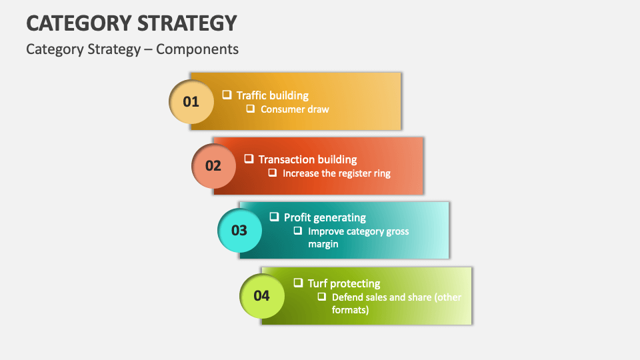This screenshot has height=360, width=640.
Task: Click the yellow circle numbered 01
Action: click(x=191, y=101)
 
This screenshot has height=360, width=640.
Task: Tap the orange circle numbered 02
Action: click(x=213, y=165)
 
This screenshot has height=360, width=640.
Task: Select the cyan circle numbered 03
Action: click(x=239, y=230)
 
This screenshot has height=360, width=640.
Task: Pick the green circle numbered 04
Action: click(x=261, y=295)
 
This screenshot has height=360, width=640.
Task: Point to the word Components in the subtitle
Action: click(x=197, y=49)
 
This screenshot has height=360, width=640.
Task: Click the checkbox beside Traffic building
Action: click(x=227, y=95)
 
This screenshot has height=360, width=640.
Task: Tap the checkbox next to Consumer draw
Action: click(x=251, y=109)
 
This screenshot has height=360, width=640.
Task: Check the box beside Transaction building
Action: click(x=249, y=159)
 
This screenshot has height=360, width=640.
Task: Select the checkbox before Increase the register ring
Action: click(x=273, y=173)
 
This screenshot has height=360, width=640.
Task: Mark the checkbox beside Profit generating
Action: click(x=274, y=217)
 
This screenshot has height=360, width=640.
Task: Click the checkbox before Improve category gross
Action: click(x=298, y=231)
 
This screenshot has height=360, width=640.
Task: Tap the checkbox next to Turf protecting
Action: click(x=298, y=283)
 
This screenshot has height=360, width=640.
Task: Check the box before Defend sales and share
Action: click(x=322, y=297)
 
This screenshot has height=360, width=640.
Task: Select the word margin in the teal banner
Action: click(x=323, y=244)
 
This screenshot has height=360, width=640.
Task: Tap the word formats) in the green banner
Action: click(x=350, y=310)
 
